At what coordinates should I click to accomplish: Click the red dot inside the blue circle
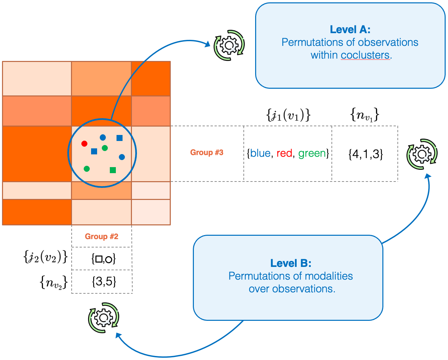[x=84, y=144]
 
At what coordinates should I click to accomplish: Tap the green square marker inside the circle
[x=113, y=170]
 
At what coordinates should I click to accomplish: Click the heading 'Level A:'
[x=350, y=29]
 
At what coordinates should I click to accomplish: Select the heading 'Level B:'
[x=291, y=263]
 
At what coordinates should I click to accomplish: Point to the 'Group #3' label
[x=207, y=153]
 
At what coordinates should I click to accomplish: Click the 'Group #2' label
[x=101, y=236]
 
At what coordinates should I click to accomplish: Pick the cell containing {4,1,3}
[x=365, y=154]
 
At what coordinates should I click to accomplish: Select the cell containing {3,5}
[x=104, y=282]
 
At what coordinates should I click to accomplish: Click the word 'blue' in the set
[x=260, y=153]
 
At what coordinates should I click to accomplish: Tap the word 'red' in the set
[x=284, y=153]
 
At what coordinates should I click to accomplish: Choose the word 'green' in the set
[x=312, y=153]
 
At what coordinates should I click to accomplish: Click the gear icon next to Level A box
[x=229, y=45]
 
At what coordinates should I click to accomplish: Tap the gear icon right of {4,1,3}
[x=422, y=154]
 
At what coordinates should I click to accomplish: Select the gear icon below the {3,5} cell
[x=103, y=317]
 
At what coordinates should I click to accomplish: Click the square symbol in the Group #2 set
[x=98, y=259]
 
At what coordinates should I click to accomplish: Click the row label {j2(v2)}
[x=46, y=257]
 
